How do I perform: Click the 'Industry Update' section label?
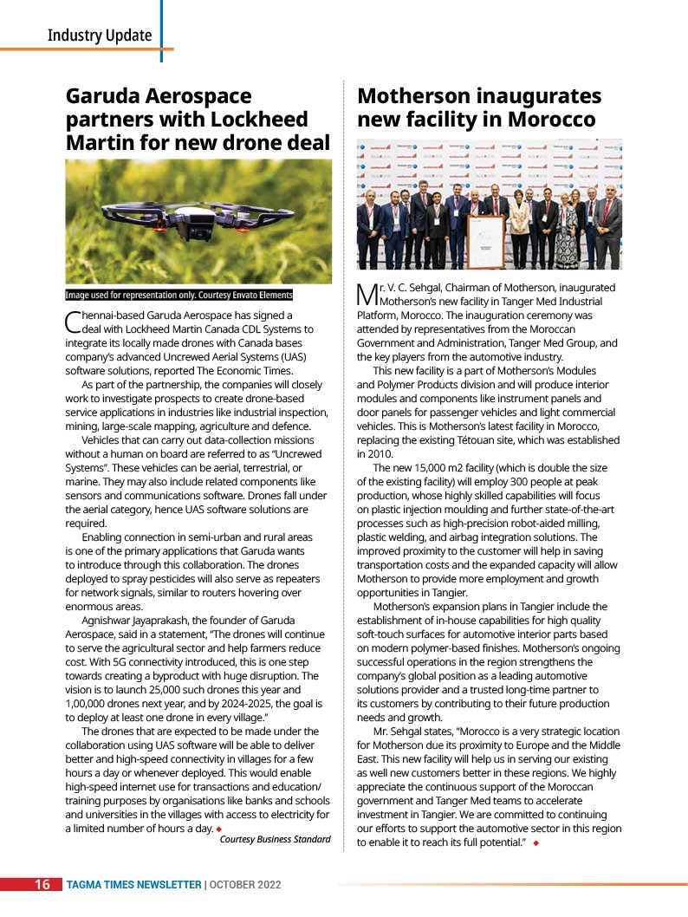pos(100,36)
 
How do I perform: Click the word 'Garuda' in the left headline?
pos(106,95)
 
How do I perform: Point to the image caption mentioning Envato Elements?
pos(179,295)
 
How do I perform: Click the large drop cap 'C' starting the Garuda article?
pos(73,322)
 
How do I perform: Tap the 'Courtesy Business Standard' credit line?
pos(275,839)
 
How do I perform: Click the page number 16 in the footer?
pos(42,885)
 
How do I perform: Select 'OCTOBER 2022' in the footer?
pos(244,885)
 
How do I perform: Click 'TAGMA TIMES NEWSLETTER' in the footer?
pos(134,885)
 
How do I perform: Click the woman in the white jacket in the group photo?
pos(519,227)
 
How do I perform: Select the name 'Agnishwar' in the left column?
pos(108,621)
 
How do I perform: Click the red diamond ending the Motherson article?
pos(536,843)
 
